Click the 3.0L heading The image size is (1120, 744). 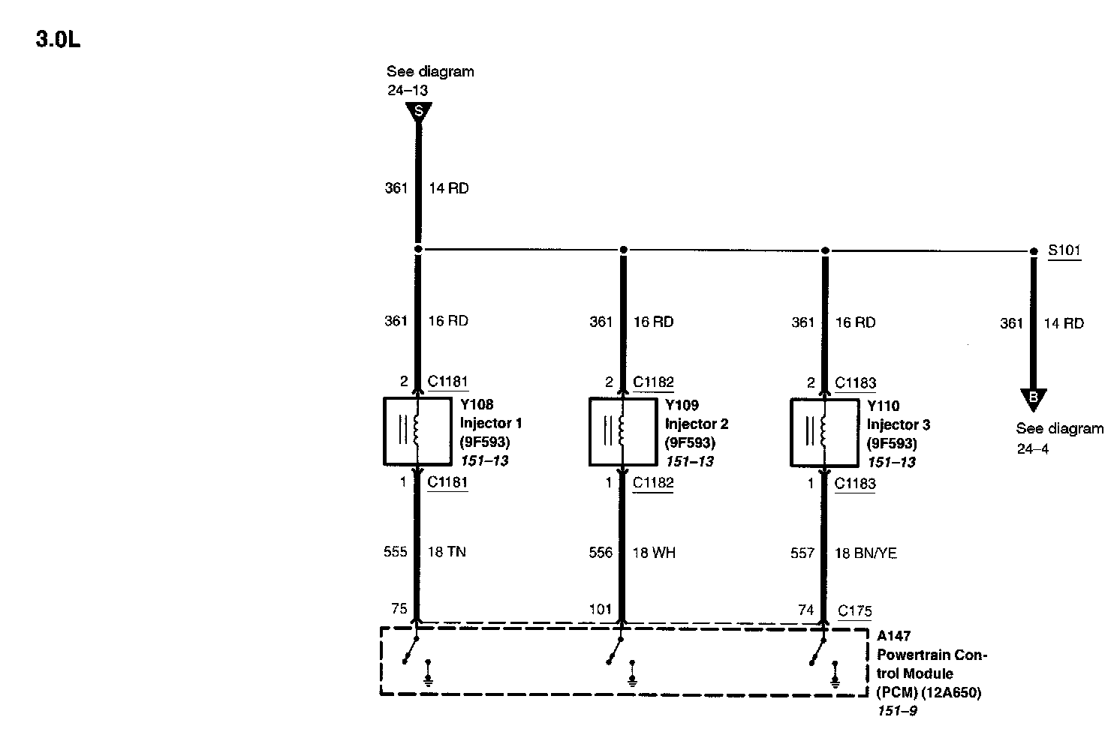[x=58, y=40]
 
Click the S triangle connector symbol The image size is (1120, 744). [x=419, y=112]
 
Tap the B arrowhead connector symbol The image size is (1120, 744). [x=1033, y=398]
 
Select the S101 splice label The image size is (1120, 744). [x=1064, y=250]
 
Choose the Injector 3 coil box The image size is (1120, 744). [x=823, y=433]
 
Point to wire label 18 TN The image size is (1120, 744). [x=447, y=552]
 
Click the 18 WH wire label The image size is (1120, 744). [x=654, y=553]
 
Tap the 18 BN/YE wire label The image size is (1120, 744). [x=866, y=553]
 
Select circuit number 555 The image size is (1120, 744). [x=396, y=552]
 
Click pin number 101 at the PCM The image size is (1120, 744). [x=601, y=609]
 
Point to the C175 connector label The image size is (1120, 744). [x=855, y=610]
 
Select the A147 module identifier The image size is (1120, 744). [x=893, y=636]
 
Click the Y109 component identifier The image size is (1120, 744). [x=682, y=405]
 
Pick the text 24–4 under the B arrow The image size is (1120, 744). [x=1033, y=449]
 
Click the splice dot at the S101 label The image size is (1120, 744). [x=1033, y=251]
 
